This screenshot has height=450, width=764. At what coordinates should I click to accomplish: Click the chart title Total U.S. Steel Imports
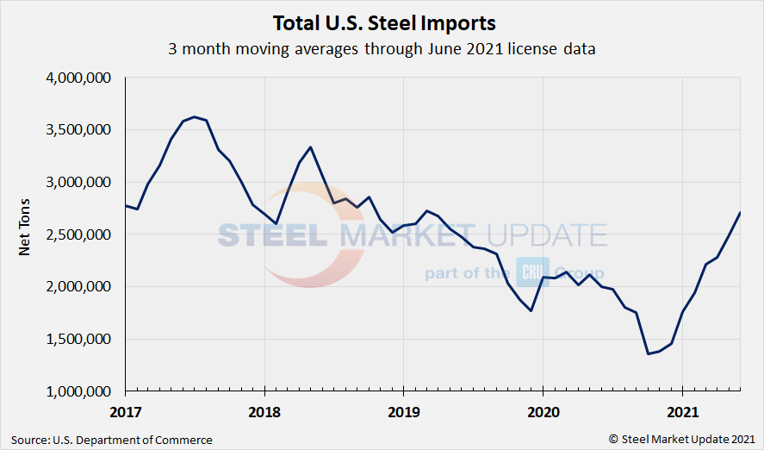point(384,22)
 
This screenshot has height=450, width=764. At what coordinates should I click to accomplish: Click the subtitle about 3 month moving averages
point(382,49)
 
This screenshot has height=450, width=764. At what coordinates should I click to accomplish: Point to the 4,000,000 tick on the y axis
point(78,78)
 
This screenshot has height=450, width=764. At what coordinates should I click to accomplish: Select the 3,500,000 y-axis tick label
point(78,130)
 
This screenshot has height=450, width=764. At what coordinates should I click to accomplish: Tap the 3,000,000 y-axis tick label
point(78,182)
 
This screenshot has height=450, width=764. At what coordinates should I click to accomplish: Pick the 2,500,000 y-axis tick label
point(78,234)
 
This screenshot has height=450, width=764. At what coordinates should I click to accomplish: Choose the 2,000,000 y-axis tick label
point(78,286)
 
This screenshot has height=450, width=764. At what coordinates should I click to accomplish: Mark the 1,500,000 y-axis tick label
point(78,339)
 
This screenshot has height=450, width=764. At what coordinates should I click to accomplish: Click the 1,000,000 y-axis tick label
point(78,391)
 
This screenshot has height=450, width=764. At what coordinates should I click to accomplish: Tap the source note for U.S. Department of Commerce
point(112,440)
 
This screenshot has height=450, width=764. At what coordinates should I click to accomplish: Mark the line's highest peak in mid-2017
point(195,116)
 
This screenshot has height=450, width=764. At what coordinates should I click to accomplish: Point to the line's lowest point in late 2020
point(648,353)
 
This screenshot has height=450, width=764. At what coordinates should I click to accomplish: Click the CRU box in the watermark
point(527,272)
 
